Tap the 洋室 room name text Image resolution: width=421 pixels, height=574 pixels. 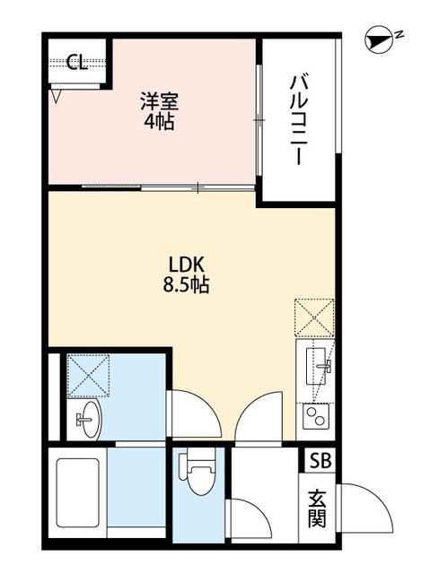158,100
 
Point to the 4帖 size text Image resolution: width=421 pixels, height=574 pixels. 158,120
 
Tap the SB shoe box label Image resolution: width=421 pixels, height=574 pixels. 319,461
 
